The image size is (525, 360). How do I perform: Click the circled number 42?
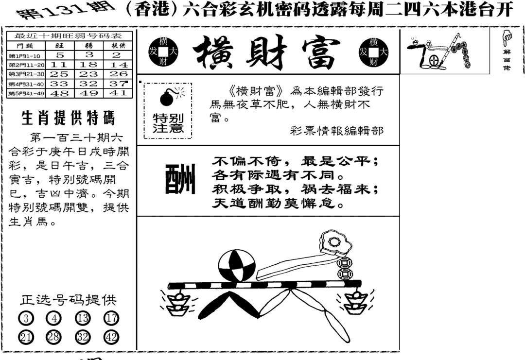tap(111, 337)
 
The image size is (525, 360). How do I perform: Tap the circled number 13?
tap(83, 319)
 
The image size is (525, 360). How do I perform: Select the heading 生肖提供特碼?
tap(68, 118)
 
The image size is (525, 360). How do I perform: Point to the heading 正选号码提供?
tap(68, 300)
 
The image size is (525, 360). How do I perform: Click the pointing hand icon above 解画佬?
tap(507, 36)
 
